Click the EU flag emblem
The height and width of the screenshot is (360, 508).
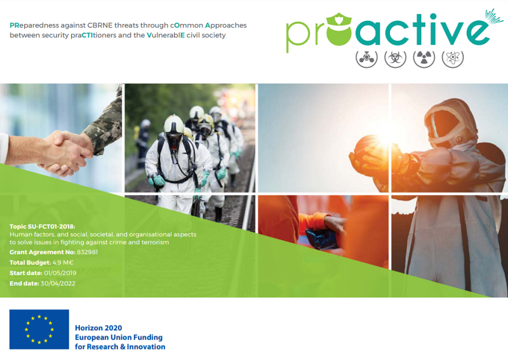[39, 330]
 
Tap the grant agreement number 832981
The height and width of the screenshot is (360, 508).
[87, 252]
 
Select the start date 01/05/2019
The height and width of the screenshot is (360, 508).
[60, 273]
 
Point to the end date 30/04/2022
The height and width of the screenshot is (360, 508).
[58, 284]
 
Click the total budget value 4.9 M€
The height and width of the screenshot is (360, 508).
[63, 262]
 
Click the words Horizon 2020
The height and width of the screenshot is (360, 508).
[98, 328]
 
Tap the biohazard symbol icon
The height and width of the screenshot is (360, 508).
[395, 58]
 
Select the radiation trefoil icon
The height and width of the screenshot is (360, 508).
[424, 58]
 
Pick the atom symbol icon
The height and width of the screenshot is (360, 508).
[453, 58]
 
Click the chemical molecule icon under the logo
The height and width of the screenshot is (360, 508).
[366, 58]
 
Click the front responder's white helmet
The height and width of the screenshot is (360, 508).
[174, 124]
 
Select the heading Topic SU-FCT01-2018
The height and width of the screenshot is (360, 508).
[42, 227]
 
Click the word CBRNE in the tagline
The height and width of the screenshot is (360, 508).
[100, 25]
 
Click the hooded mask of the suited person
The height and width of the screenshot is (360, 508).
[449, 123]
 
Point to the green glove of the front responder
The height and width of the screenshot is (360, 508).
[158, 180]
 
